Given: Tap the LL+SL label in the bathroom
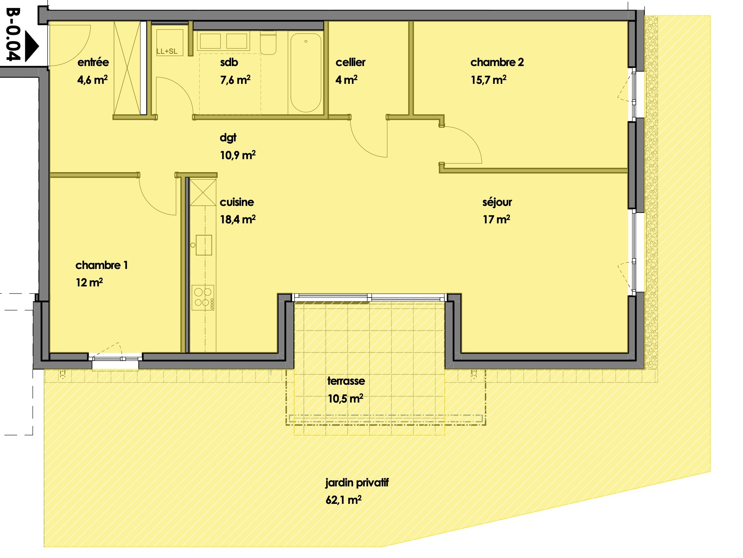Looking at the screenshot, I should point(167,51).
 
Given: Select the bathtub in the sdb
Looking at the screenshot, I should point(305,73).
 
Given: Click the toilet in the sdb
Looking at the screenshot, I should point(268,44).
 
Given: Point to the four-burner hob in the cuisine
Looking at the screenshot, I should point(203,297).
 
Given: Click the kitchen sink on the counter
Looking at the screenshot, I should point(204,245).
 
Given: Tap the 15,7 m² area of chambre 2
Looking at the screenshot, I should point(488,80).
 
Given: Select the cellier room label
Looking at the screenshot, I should point(350,62).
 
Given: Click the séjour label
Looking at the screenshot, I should point(497,202).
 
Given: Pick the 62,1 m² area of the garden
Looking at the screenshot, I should point(343,500).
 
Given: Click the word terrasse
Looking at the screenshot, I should point(346,381).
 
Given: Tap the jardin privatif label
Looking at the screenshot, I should point(356,482).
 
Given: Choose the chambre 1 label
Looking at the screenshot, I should point(101,265).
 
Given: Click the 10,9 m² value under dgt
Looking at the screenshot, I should point(237,155).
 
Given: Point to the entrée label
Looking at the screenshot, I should point(93,62).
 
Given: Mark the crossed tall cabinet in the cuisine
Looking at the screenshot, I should point(203,193).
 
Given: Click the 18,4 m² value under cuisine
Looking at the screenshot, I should point(237,219).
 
